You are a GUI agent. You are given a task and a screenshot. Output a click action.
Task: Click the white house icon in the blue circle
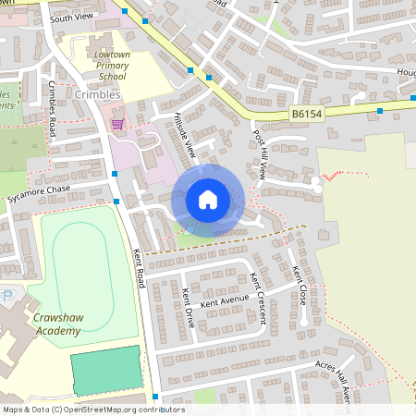click(208, 199)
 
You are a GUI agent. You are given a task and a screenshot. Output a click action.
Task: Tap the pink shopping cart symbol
click(117, 123)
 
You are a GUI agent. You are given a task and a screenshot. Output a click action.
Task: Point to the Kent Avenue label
click(223, 301)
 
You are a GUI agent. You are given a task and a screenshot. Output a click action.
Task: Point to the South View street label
click(72, 18)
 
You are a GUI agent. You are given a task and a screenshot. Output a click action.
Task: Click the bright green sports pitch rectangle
click(107, 370)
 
